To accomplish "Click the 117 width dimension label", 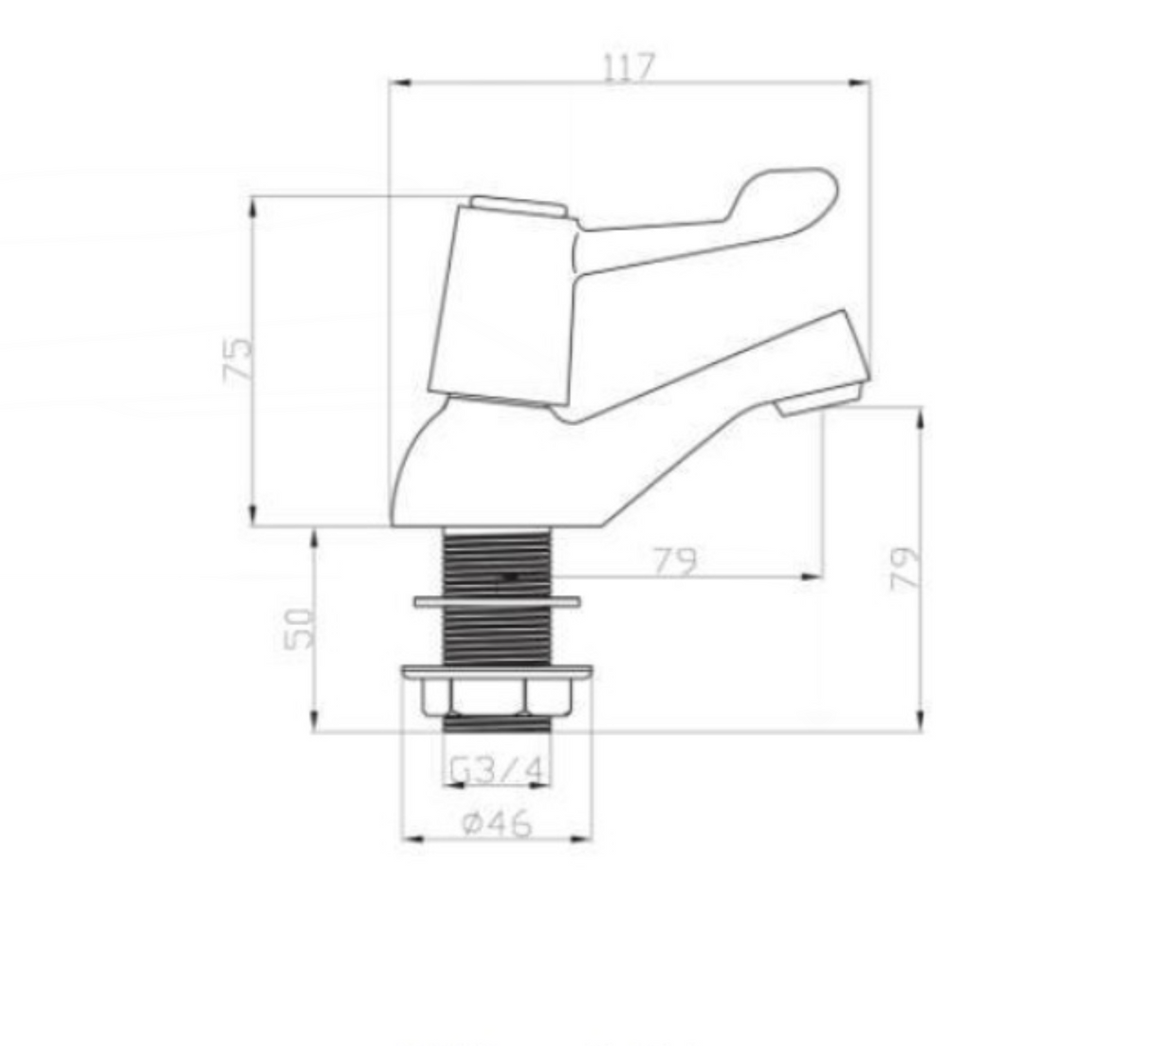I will [630, 68].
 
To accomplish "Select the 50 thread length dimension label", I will [300, 628].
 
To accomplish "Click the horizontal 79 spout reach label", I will [674, 561].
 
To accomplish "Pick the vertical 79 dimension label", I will [905, 568].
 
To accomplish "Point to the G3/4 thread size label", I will [497, 771].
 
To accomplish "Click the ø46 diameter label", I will [497, 823].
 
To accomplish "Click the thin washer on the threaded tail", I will [497, 601].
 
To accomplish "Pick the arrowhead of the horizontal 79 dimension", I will [813, 576].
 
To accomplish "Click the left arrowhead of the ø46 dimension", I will [411, 838].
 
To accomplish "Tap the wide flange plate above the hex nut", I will [497, 672].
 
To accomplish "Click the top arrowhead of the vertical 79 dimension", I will [920, 414].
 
